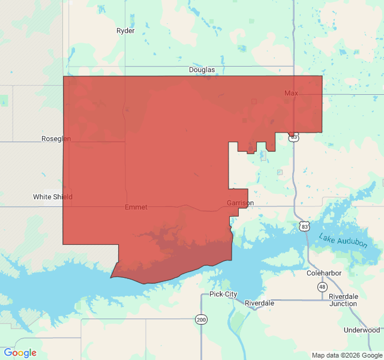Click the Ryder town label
pos(125,31)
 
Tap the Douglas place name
pos(202,70)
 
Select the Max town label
pos(291,93)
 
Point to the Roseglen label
pos(56,139)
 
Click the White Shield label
pos(53,197)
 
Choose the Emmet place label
pos(136,207)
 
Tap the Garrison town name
pos(240,203)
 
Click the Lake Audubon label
pos(343,239)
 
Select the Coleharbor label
pos(324,272)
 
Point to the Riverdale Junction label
pos(343,300)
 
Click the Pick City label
pos(223,294)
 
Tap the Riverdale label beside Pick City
pos(259,303)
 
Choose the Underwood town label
pos(362,330)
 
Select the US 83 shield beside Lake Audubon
pos(305,226)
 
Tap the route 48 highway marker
pos(322,287)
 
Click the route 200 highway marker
pos(200,320)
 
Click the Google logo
pos(20,353)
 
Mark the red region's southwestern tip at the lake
pos(112,277)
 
